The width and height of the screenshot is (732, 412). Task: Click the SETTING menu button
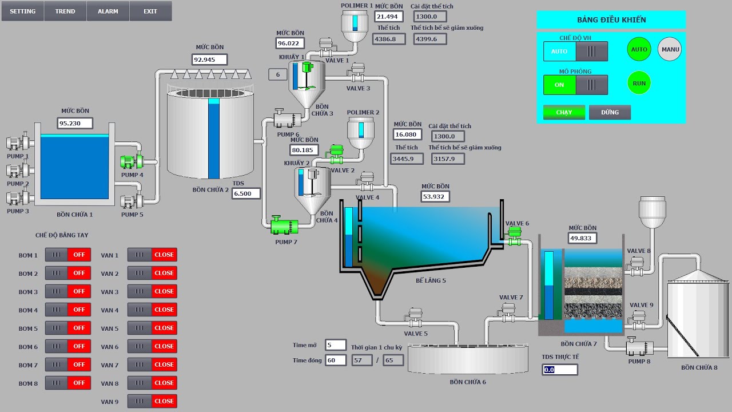(x=22, y=11)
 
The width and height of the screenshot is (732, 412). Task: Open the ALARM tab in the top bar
(x=108, y=11)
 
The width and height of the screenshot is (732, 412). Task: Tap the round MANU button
(x=670, y=49)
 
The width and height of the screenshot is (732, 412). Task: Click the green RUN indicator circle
(x=639, y=83)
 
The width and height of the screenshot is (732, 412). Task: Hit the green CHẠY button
(x=564, y=112)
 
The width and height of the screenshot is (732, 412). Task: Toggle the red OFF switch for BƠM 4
(x=79, y=310)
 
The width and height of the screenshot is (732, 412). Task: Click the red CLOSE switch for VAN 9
(x=164, y=401)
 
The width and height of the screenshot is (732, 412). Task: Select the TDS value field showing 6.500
(x=246, y=193)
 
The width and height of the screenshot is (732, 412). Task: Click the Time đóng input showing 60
(x=336, y=360)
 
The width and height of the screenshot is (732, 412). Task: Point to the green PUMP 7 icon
(x=284, y=225)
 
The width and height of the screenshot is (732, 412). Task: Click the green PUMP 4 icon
(x=132, y=161)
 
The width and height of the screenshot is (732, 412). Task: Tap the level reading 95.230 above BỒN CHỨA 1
(x=75, y=123)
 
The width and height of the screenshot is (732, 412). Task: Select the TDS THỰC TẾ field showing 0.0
(x=560, y=370)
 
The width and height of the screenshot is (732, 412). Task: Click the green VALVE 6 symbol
(x=514, y=236)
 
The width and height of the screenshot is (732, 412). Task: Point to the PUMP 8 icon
(x=639, y=347)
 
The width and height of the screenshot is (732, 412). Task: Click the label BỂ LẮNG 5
(x=431, y=280)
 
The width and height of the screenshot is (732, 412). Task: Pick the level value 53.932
(x=435, y=196)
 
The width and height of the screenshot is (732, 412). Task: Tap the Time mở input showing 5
(x=336, y=344)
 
